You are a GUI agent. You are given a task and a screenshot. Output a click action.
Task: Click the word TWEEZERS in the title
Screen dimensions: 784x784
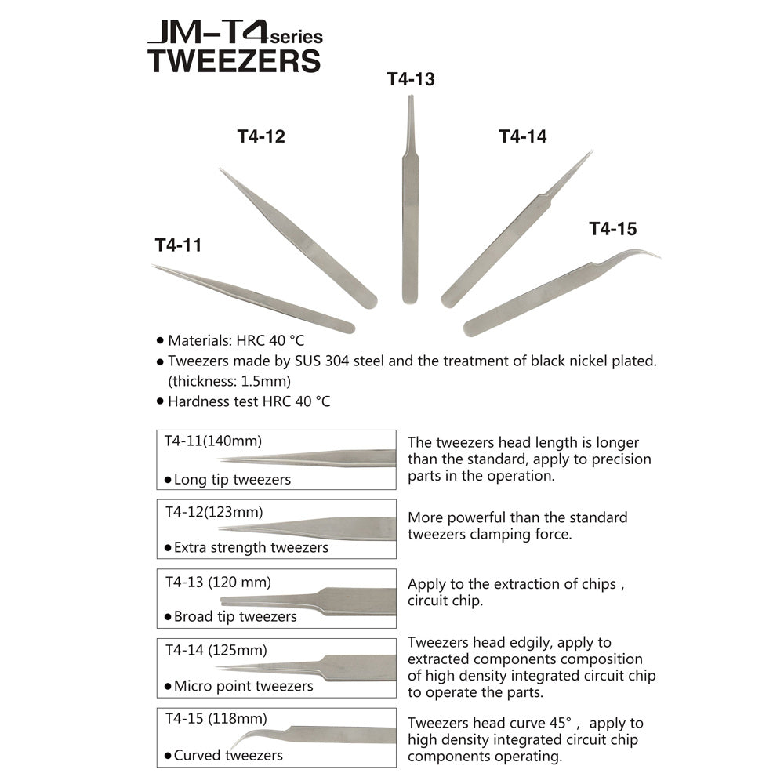tap(234, 61)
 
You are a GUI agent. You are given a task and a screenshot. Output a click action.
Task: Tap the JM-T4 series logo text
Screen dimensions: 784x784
tap(234, 34)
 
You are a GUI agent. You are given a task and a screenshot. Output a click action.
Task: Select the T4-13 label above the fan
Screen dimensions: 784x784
tap(411, 79)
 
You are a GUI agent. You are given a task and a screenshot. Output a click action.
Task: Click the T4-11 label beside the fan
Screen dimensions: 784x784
tap(178, 245)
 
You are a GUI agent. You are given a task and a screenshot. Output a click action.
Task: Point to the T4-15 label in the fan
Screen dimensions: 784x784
tap(613, 229)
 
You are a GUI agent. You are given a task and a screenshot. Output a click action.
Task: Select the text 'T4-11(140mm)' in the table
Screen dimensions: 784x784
tap(213, 441)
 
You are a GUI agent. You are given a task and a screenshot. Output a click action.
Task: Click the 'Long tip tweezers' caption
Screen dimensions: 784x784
tap(232, 479)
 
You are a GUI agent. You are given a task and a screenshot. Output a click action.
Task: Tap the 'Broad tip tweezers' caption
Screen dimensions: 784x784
tap(235, 616)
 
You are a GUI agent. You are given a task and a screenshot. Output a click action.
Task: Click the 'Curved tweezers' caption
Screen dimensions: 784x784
tap(228, 755)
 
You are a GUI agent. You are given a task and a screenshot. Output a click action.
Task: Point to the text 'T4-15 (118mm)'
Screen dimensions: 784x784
tap(216, 718)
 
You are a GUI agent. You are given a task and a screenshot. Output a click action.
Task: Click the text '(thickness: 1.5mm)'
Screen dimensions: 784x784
tap(230, 381)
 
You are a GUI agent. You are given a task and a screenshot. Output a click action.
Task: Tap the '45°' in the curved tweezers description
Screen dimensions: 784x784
tap(572, 723)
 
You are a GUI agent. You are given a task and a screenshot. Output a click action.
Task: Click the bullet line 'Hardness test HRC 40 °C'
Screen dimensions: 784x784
tap(249, 401)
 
